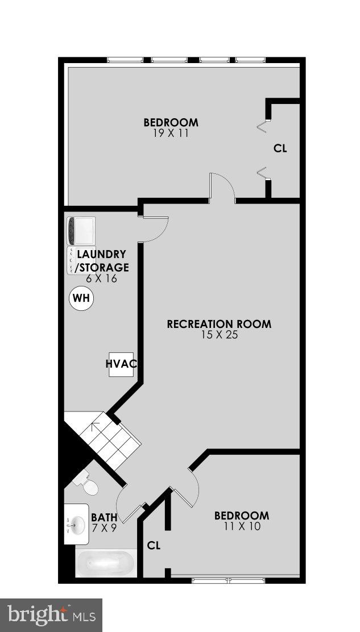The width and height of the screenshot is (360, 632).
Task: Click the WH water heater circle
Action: [81, 299]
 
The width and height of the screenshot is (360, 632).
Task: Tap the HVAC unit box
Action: [120, 364]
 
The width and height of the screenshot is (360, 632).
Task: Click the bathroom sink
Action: [74, 523]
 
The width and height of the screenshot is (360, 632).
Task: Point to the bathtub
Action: [106, 564]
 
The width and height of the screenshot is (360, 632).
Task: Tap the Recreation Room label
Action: [219, 324]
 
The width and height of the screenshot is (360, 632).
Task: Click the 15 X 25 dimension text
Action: [219, 335]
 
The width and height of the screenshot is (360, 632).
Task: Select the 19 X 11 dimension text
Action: [170, 133]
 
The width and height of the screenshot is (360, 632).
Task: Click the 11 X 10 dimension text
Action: [241, 526]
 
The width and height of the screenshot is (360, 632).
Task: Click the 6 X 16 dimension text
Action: [101, 278]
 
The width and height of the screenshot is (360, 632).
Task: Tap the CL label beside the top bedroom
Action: [280, 149]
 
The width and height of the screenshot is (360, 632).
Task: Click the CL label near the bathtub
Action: [154, 546]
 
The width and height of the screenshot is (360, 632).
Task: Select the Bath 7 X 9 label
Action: [104, 522]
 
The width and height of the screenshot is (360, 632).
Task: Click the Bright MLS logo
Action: [51, 615]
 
